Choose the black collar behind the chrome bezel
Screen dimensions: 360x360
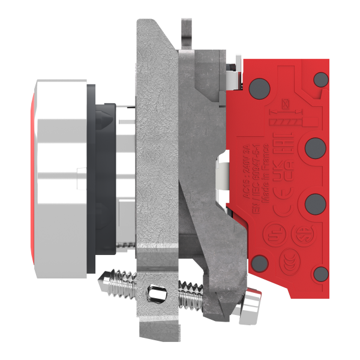(92, 180)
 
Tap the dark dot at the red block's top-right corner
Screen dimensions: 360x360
(322, 79)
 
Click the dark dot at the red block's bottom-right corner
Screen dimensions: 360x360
(322, 274)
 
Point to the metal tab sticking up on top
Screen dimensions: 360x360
(187, 34)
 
